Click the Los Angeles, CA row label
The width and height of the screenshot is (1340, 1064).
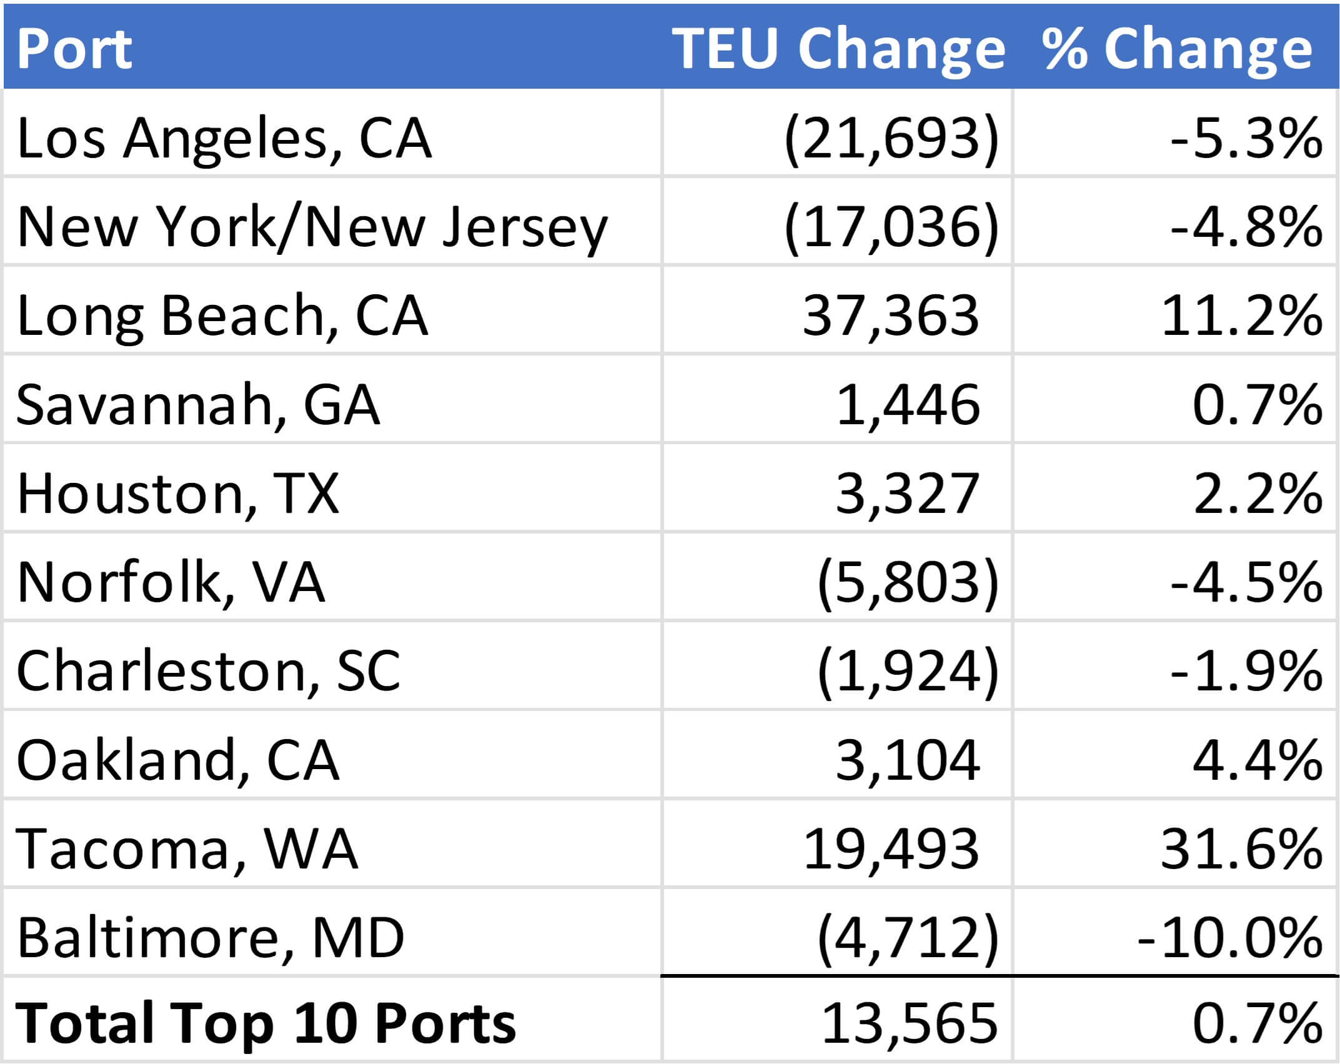click(x=224, y=138)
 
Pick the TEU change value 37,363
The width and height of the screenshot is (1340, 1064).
click(x=890, y=316)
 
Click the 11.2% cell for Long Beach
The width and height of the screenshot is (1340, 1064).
click(x=1241, y=316)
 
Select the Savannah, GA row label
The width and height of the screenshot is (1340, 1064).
click(x=198, y=405)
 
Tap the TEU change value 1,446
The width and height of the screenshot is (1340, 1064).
click(x=907, y=405)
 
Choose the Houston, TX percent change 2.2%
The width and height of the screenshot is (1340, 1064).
click(x=1257, y=494)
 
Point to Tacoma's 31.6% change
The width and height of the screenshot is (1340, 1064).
click(x=1241, y=849)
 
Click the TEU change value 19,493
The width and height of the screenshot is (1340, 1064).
click(x=890, y=849)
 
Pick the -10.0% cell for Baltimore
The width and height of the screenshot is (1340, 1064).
click(x=1229, y=938)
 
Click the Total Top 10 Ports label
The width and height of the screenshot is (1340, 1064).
click(x=266, y=1024)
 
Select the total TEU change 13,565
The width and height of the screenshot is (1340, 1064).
click(x=909, y=1024)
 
